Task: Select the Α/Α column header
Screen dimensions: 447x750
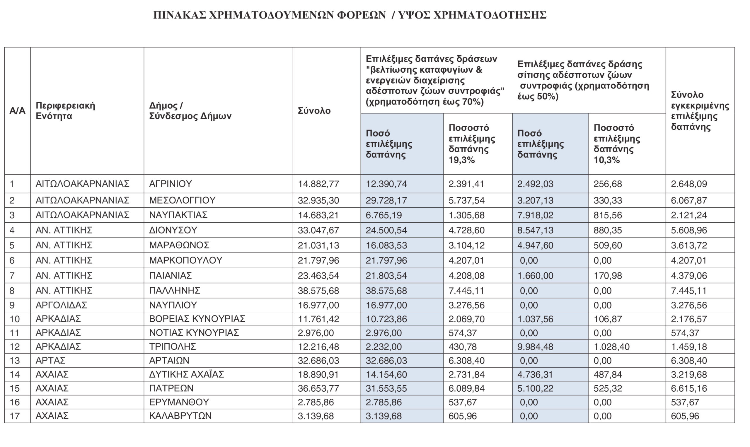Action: (17, 111)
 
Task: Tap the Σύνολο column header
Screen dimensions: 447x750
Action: (314, 111)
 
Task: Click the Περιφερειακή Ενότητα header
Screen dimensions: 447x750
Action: (65, 111)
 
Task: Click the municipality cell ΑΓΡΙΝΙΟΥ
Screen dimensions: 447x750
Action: (171, 184)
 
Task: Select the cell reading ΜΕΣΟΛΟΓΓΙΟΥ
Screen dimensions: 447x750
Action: (182, 200)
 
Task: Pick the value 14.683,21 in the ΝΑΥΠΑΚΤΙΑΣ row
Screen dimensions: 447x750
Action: (318, 215)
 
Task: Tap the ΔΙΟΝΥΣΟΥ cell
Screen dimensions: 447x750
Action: (173, 230)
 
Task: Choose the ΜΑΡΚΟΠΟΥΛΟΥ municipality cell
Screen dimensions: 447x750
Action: (185, 260)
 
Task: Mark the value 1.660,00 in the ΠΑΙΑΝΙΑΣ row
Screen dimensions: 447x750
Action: (535, 276)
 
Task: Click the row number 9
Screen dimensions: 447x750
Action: (12, 305)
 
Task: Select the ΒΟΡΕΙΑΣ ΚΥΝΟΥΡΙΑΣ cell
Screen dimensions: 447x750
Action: (197, 319)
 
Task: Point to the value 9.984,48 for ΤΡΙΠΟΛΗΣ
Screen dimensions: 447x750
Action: (535, 347)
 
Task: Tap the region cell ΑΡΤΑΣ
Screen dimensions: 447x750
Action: (50, 361)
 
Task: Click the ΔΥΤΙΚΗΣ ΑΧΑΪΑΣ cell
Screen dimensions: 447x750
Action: (186, 374)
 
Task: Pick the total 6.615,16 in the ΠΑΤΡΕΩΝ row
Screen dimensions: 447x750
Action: (688, 388)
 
